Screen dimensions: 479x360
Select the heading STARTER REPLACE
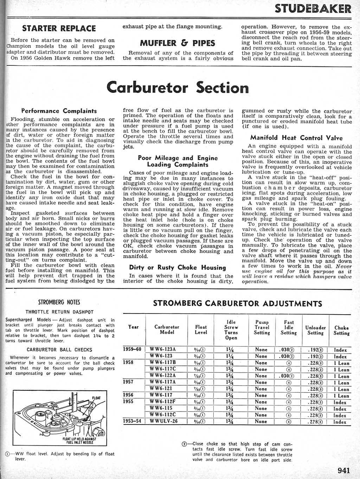[x=59, y=28]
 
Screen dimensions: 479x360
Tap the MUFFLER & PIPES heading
[x=177, y=43]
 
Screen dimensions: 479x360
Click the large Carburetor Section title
[x=177, y=87]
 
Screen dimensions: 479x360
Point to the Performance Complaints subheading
[x=59, y=111]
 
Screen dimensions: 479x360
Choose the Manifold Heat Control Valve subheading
[x=296, y=138]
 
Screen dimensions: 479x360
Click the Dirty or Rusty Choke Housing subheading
[x=177, y=267]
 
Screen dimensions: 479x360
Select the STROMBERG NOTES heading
[x=59, y=302]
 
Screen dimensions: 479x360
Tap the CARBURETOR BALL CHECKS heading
[x=59, y=350]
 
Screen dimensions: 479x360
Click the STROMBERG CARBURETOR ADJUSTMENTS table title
[x=238, y=304]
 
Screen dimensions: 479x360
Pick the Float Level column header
[x=201, y=330]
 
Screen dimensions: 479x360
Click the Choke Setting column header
[x=341, y=330]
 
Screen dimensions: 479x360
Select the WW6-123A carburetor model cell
[x=162, y=349]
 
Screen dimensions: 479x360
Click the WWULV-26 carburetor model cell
[x=163, y=421]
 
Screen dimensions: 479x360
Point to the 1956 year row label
[x=128, y=395]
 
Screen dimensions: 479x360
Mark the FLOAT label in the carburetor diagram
[x=96, y=398]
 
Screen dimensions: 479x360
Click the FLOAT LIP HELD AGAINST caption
[x=79, y=439]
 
